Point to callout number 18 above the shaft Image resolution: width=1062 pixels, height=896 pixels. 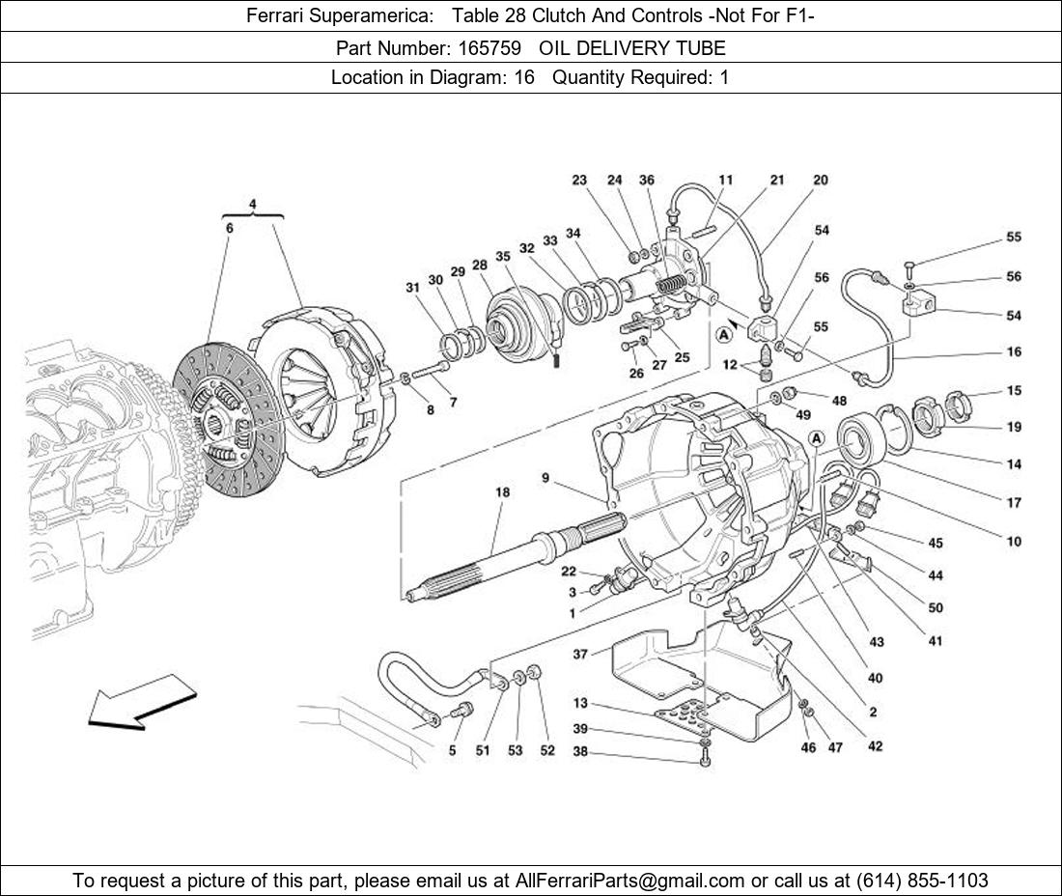pos(502,492)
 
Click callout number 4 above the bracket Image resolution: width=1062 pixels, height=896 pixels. pos(252,204)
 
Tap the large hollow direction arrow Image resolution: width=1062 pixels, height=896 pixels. pos(141,701)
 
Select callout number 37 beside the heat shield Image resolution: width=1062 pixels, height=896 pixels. pos(580,654)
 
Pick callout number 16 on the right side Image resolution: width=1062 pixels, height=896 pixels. pos(1014,352)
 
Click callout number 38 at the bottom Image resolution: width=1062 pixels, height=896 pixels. pos(579,752)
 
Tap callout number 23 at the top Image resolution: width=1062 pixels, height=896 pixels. pos(579,180)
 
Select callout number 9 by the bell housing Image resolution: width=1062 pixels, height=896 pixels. pos(545,477)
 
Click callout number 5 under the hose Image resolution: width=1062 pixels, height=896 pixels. pos(452,750)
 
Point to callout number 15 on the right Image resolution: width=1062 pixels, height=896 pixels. pos(1014,391)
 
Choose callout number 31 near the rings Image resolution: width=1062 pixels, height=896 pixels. pos(412,287)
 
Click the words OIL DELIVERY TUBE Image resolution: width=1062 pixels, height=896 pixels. pos(631,47)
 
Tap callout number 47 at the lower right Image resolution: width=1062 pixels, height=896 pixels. pos(835,747)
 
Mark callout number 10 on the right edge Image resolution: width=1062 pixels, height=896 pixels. pos(1014,542)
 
